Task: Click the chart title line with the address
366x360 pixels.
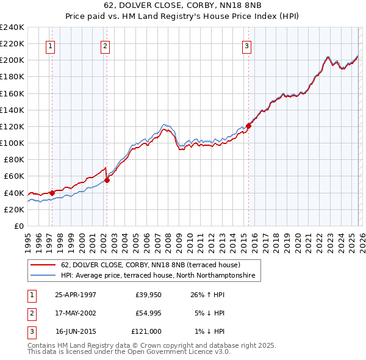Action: point(182,7)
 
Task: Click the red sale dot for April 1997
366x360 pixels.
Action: point(52,193)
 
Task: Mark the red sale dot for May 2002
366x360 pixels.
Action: point(107,180)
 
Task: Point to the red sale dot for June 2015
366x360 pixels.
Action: point(248,126)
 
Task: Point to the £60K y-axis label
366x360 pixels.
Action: point(14,176)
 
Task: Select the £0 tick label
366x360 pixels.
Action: point(18,226)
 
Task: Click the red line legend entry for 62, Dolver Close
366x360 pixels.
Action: point(151,265)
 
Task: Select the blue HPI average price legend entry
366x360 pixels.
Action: point(160,276)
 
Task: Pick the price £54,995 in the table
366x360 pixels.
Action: point(148,313)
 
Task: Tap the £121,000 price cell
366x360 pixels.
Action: point(146,331)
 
